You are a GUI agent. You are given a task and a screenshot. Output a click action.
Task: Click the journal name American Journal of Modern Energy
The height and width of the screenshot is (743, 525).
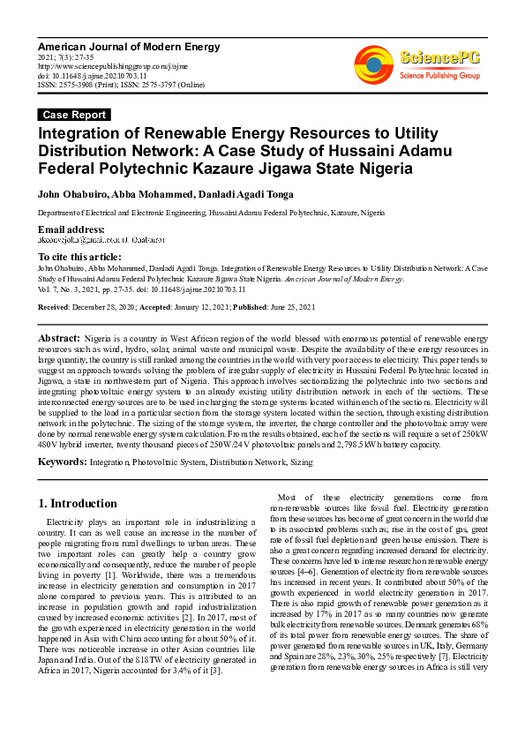tap(129, 47)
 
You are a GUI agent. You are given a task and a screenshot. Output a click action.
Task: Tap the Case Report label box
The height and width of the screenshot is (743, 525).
tap(75, 115)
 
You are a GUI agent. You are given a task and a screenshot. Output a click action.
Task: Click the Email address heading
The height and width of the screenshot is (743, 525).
tap(71, 229)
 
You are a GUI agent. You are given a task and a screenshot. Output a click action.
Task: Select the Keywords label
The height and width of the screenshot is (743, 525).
tap(62, 462)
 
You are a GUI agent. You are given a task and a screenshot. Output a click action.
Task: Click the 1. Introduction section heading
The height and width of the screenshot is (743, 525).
tap(78, 504)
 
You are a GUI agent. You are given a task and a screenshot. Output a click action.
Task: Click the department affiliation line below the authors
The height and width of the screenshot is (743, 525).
tap(210, 214)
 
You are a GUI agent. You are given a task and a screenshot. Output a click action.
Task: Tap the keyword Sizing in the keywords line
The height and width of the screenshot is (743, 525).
tap(301, 462)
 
